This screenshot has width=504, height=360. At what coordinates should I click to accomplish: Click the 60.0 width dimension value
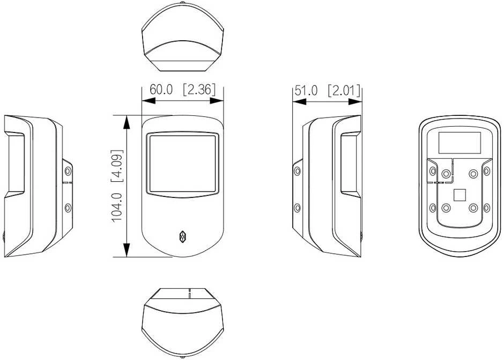161,90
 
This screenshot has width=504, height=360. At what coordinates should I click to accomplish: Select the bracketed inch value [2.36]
199,90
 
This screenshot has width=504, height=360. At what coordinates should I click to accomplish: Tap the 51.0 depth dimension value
306,90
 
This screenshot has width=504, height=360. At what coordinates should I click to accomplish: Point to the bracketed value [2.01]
344,90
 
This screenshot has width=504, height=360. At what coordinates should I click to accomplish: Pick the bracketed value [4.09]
117,166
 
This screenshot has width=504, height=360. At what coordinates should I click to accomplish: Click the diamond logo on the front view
182,237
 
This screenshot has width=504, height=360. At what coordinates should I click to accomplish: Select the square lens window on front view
183,164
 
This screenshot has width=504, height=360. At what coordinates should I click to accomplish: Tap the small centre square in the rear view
459,195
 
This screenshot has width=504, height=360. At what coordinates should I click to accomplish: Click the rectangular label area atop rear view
459,143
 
